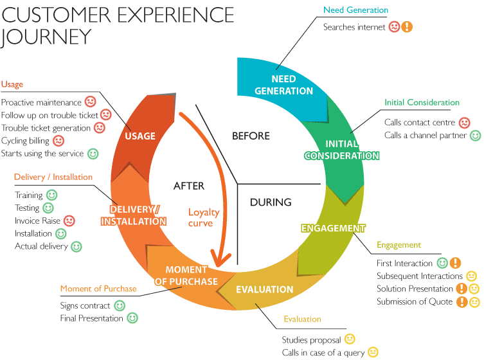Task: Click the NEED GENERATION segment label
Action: tap(283, 85)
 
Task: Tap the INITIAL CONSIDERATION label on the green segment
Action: tap(341, 150)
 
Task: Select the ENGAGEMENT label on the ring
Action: tap(333, 228)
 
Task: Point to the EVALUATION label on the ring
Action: tap(264, 289)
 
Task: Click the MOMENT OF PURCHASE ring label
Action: tap(186, 275)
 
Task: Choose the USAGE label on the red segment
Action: tap(140, 136)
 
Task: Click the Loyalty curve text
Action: tap(204, 217)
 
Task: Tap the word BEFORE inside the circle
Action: tap(250, 136)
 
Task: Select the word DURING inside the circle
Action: tap(271, 202)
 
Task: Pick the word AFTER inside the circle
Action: tap(188, 186)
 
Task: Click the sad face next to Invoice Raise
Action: tap(69, 221)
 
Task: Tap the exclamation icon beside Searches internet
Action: tap(407, 27)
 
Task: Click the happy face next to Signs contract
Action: tap(120, 305)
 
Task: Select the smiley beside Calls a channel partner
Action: tap(475, 135)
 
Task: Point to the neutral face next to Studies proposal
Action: tap(350, 339)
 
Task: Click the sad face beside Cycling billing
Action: tap(58, 140)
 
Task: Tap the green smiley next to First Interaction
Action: tap(442, 263)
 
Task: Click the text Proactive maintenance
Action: tap(41, 102)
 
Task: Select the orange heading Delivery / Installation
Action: tap(53, 177)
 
